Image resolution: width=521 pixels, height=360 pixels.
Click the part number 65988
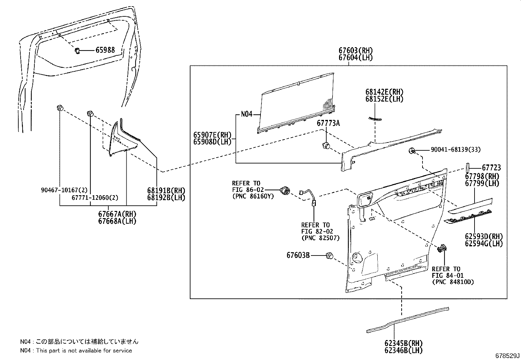[105, 50]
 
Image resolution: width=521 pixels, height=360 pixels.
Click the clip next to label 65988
[78, 51]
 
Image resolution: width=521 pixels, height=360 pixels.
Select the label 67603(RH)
[355, 51]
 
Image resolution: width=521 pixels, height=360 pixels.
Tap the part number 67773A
[328, 123]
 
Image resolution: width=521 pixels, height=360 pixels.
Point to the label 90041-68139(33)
[456, 150]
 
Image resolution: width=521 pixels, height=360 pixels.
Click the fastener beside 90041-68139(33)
[412, 151]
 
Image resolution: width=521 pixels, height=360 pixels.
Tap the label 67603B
[298, 255]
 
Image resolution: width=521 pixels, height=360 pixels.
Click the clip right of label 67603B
[330, 256]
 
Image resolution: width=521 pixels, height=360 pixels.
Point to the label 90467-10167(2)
[64, 190]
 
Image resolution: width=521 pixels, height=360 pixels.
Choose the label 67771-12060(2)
[95, 198]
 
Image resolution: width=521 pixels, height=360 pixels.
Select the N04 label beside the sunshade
[246, 114]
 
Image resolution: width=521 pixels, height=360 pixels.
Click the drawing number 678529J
[507, 355]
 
